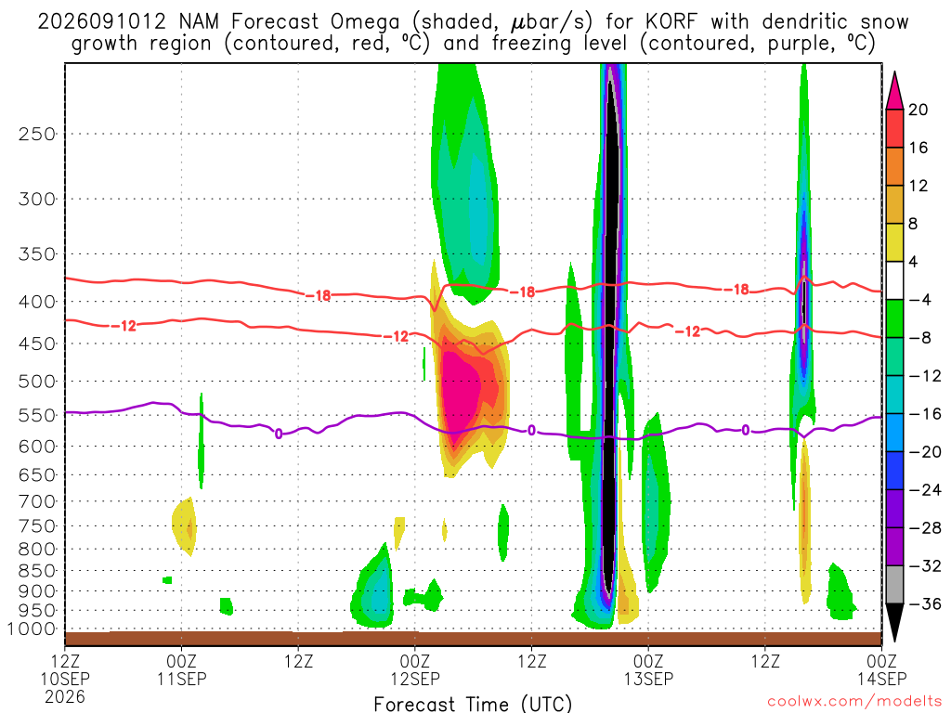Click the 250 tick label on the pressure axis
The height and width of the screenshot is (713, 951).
coord(36,134)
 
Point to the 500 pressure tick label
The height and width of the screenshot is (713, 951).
coord(36,382)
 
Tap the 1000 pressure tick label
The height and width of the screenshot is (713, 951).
coord(32,629)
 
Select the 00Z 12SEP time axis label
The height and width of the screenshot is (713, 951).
coord(415,670)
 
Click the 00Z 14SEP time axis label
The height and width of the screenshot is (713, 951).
coord(881,670)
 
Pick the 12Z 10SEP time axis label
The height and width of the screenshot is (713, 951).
coord(65,679)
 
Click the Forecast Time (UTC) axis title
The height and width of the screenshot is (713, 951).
coord(473,704)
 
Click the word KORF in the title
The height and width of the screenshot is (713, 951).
coord(671,22)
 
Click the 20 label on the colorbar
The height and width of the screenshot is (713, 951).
coord(918,110)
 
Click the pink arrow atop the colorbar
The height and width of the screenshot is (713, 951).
coord(894,90)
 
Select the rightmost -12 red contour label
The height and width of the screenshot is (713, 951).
coord(687,331)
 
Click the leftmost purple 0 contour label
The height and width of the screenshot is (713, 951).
coord(279,434)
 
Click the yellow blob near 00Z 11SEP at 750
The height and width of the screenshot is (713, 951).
coord(185,525)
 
